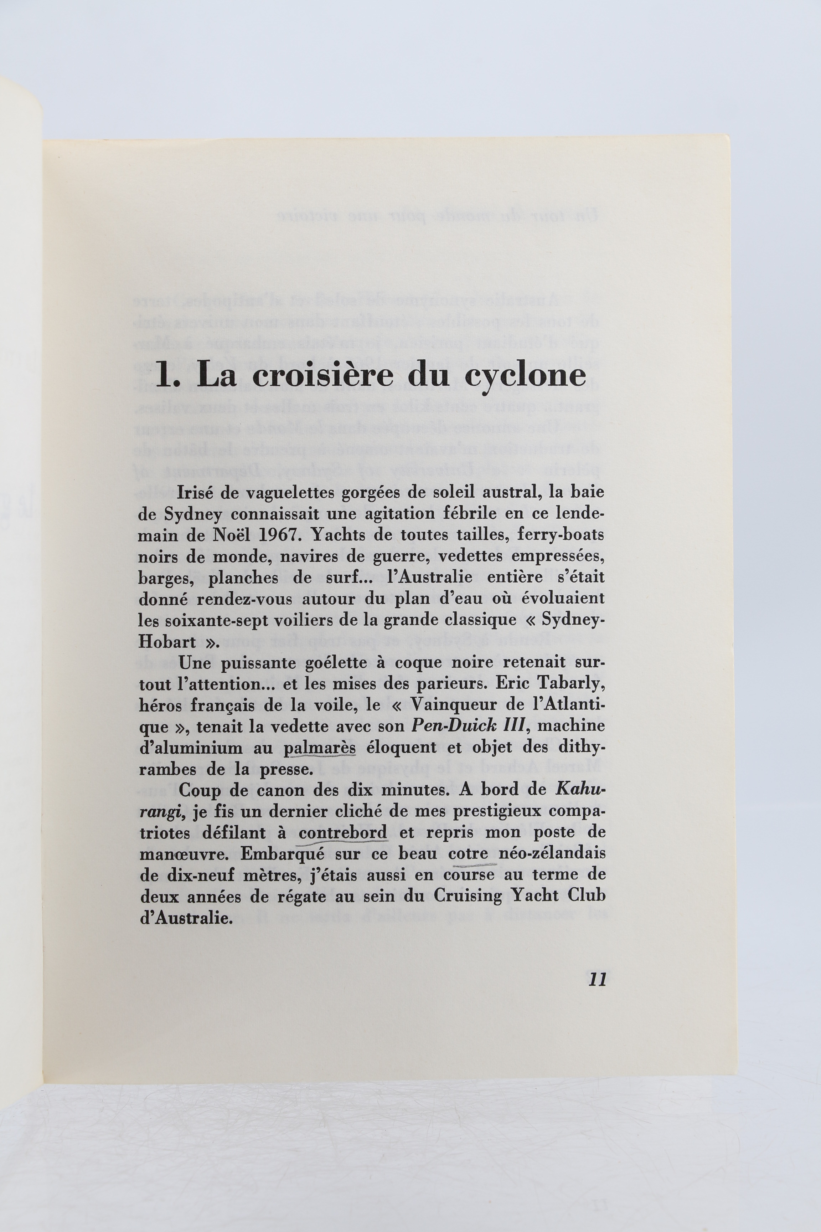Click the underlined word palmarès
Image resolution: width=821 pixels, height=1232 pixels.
319,748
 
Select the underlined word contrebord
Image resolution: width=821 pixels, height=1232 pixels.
342,833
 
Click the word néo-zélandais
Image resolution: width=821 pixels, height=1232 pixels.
552,854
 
